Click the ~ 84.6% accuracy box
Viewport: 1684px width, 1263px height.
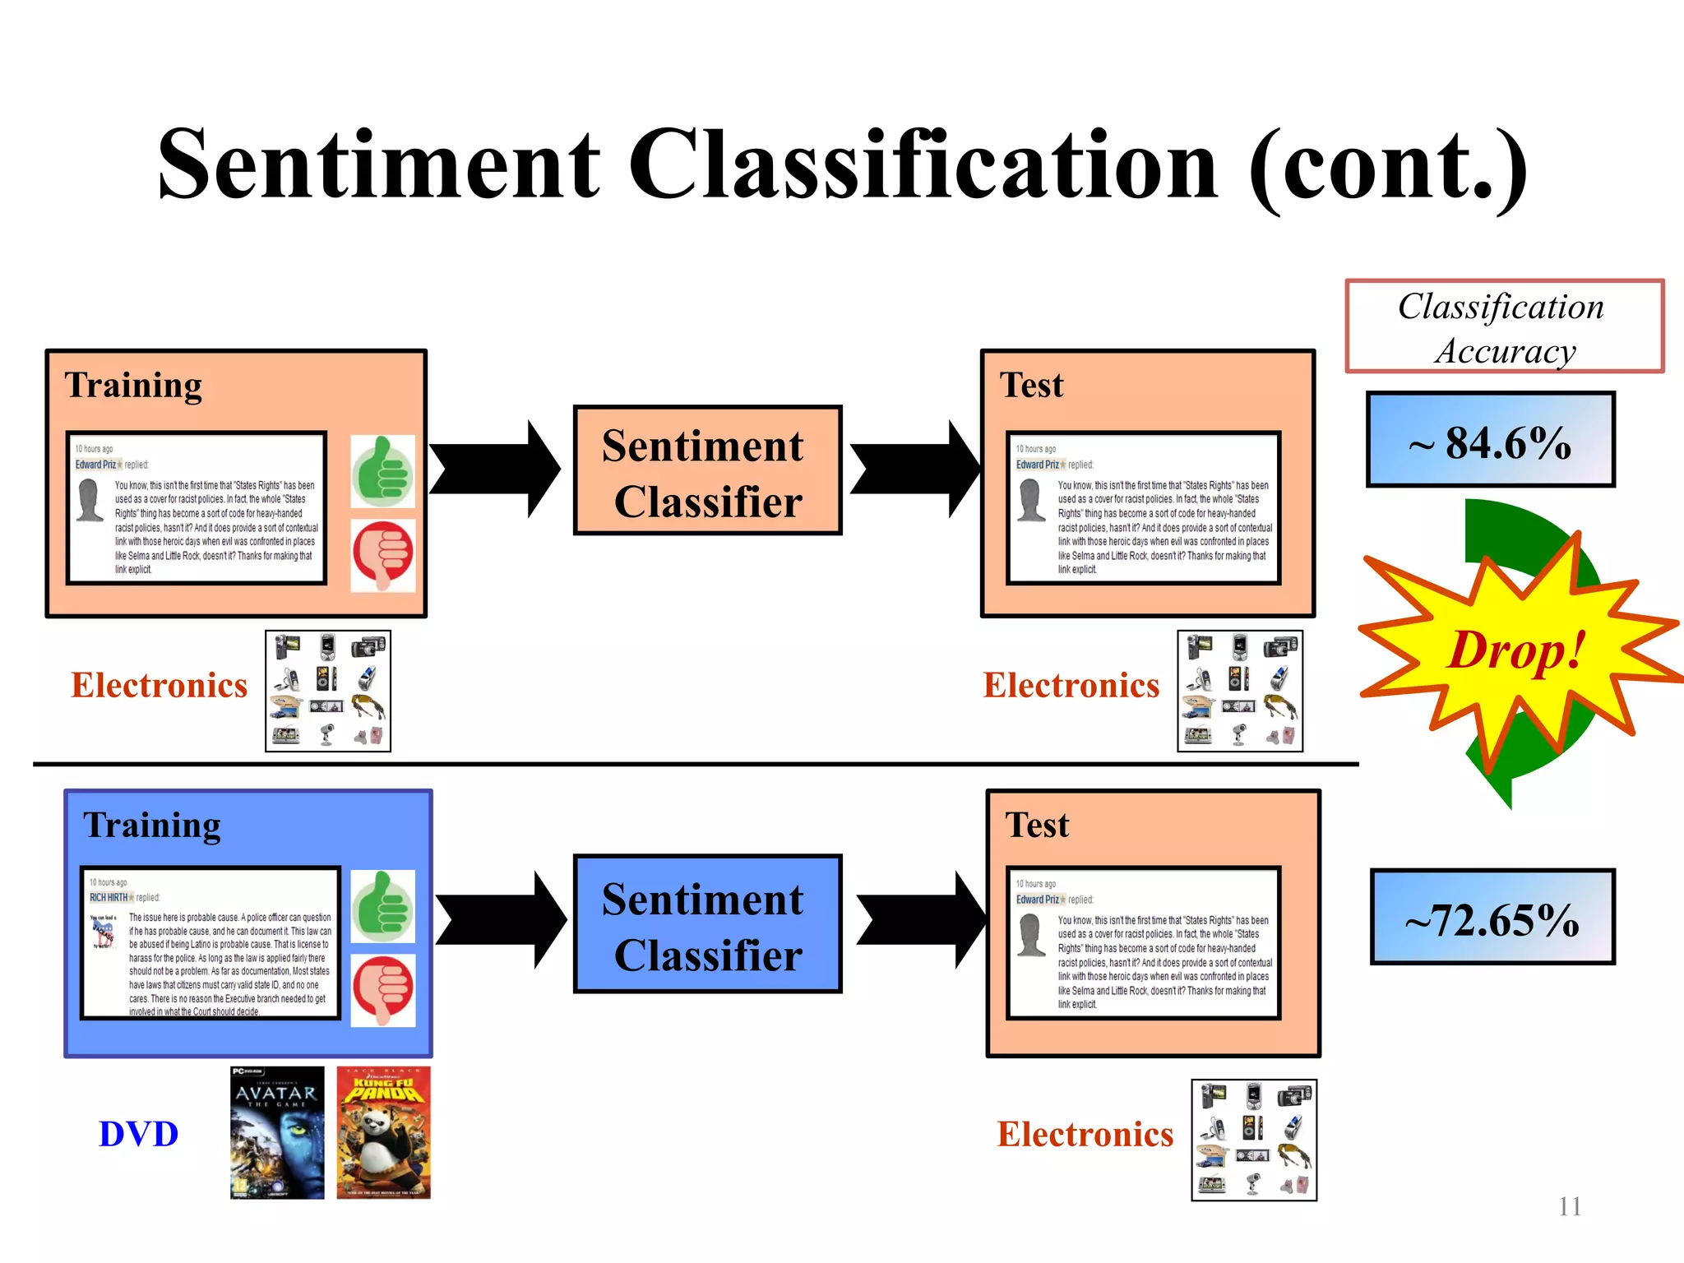click(1490, 440)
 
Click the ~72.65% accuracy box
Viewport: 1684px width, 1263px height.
click(1492, 917)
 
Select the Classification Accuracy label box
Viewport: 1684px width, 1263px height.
click(1504, 326)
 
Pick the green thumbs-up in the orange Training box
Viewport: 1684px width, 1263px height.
click(382, 471)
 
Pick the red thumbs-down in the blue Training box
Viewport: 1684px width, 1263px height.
click(383, 990)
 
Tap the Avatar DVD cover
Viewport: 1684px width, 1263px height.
click(277, 1132)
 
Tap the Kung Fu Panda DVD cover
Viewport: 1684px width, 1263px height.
click(383, 1132)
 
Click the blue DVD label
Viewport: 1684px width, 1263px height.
click(138, 1134)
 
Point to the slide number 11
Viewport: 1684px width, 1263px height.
click(1569, 1206)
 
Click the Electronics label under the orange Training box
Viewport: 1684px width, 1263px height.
click(159, 685)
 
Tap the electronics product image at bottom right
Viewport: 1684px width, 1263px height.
click(1253, 1140)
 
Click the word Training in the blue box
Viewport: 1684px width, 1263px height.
click(152, 825)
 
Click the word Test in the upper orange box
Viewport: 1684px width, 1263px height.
click(1031, 385)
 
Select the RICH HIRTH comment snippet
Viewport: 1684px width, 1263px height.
click(210, 943)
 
